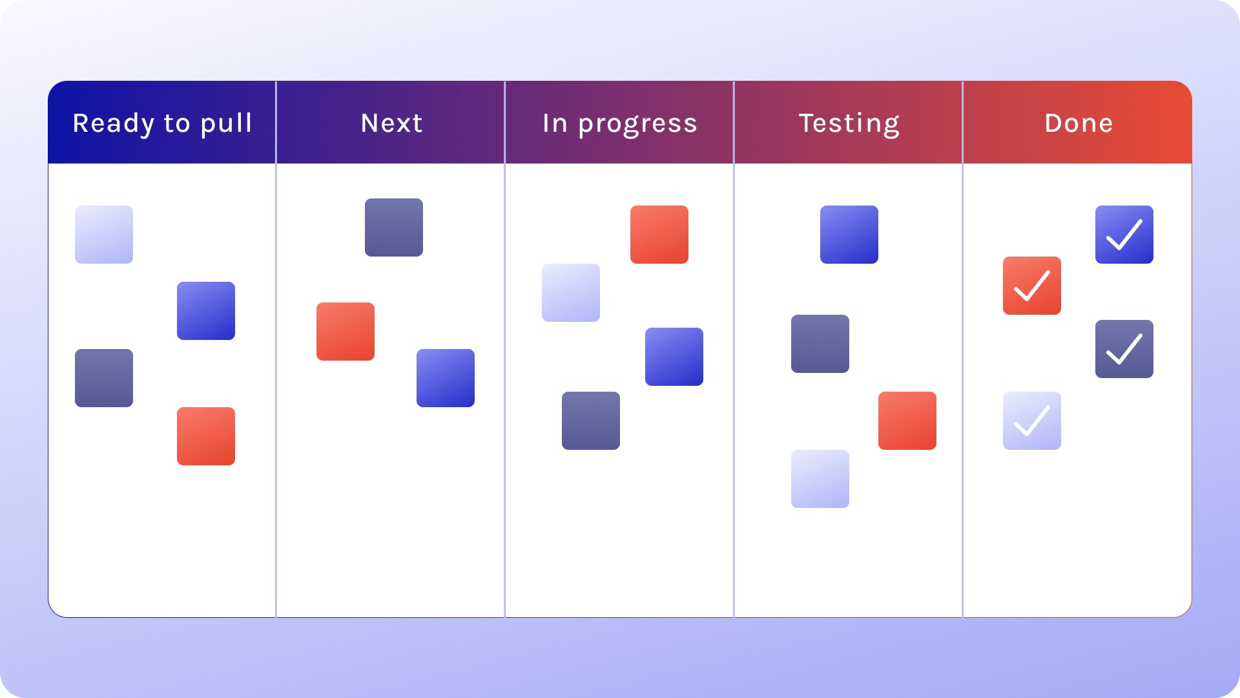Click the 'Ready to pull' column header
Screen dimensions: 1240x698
pyautogui.click(x=162, y=123)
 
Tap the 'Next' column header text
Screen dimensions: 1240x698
pyautogui.click(x=391, y=123)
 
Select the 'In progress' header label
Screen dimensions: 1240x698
pyautogui.click(x=620, y=123)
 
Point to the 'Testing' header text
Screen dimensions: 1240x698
pyautogui.click(x=849, y=123)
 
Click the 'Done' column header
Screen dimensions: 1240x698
pyautogui.click(x=1079, y=123)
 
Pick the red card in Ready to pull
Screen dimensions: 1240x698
pyautogui.click(x=206, y=436)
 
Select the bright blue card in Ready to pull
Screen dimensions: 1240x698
pyautogui.click(x=206, y=311)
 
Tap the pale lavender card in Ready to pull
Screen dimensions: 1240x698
pyautogui.click(x=104, y=235)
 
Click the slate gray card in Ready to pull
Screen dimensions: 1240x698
pyautogui.click(x=104, y=378)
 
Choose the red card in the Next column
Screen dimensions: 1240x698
pyautogui.click(x=346, y=332)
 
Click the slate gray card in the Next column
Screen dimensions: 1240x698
pyautogui.click(x=394, y=227)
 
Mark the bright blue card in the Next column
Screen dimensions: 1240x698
pyautogui.click(x=446, y=378)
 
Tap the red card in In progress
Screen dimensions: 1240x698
pyautogui.click(x=659, y=235)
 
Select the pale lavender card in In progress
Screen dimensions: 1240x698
pyautogui.click(x=571, y=293)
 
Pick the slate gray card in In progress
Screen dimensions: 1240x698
pyautogui.click(x=591, y=421)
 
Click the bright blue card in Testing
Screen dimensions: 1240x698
pyautogui.click(x=849, y=235)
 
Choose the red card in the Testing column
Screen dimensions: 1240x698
pyautogui.click(x=907, y=421)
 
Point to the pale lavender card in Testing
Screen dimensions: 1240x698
pyautogui.click(x=820, y=479)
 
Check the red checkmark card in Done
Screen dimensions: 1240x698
pyautogui.click(x=1032, y=286)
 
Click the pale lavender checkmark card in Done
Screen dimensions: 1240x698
pyautogui.click(x=1032, y=421)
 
